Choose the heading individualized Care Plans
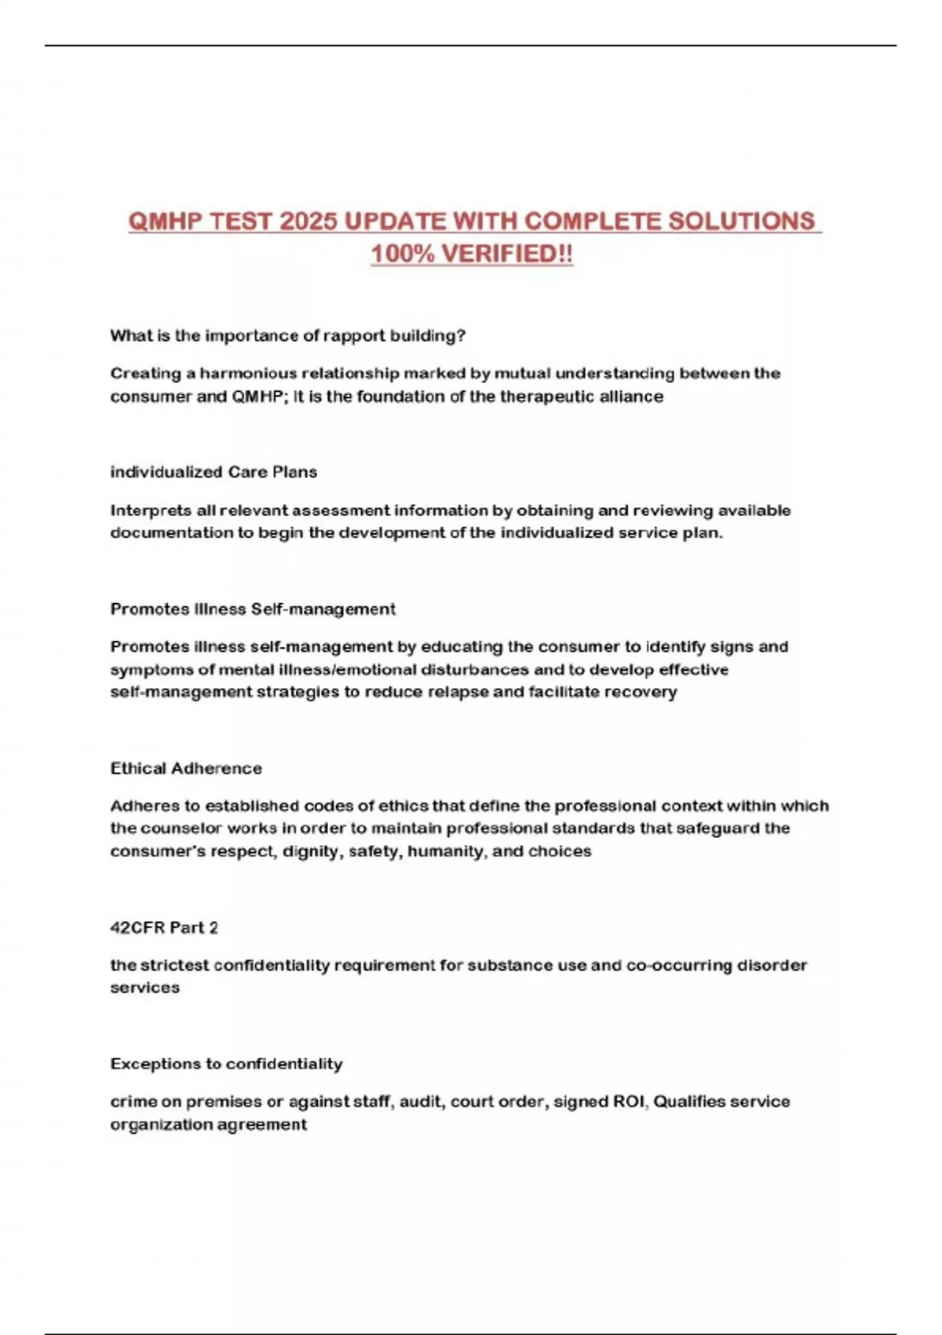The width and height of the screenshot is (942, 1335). pos(214,472)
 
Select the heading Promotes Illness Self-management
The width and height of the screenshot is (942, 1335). pos(253,609)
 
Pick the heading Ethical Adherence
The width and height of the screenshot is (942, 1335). pos(186,768)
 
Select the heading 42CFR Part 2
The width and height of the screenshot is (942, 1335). pos(164,927)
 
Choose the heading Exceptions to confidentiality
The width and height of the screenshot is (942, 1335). pos(226,1064)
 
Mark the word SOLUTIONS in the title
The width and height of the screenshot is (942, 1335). pos(741,221)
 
